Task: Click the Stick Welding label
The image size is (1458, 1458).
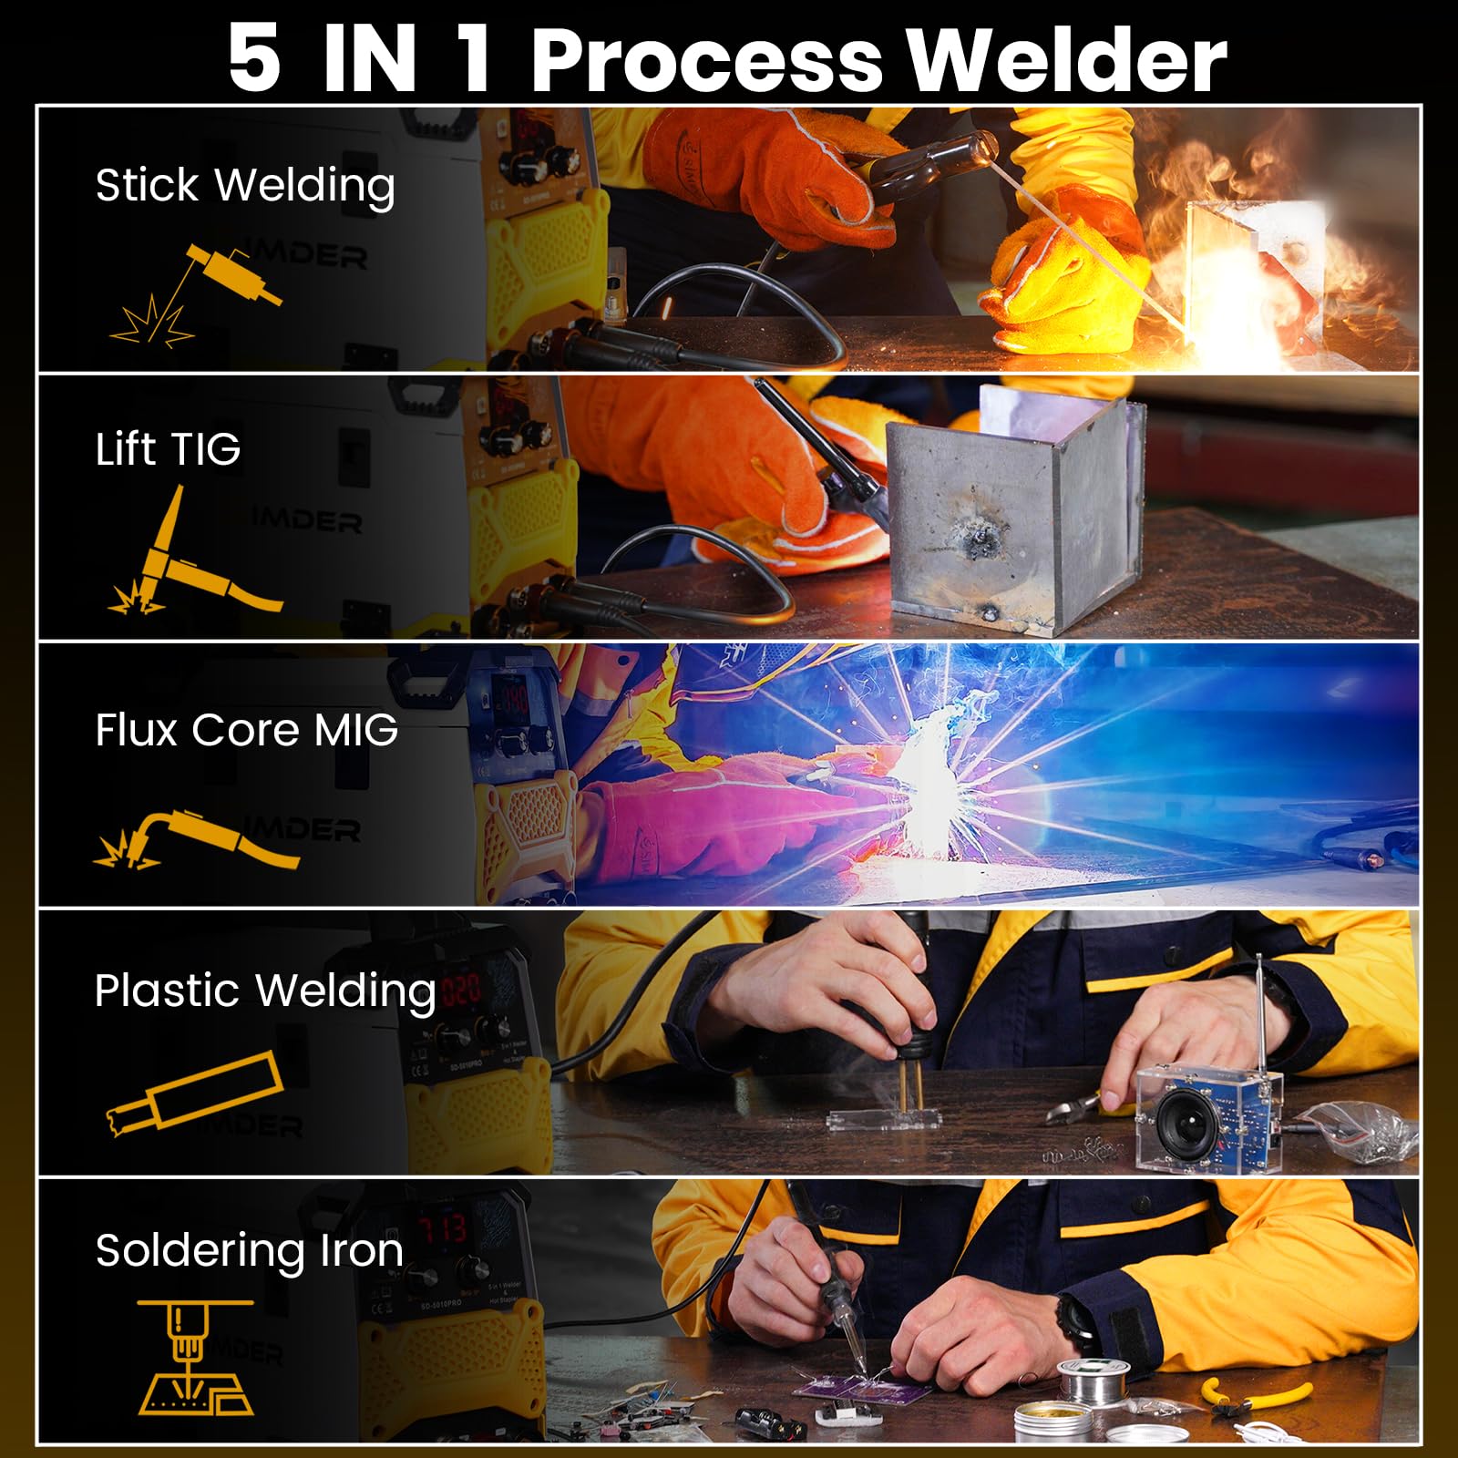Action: coord(245,185)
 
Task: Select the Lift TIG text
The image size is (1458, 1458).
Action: coord(168,448)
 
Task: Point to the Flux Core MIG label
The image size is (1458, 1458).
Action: coord(246,729)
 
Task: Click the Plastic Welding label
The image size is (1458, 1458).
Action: coord(265,991)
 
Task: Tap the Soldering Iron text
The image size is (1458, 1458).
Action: coord(249,1249)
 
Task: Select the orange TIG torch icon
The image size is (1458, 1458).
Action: coord(191,556)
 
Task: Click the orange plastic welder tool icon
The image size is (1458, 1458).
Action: coord(194,1093)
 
